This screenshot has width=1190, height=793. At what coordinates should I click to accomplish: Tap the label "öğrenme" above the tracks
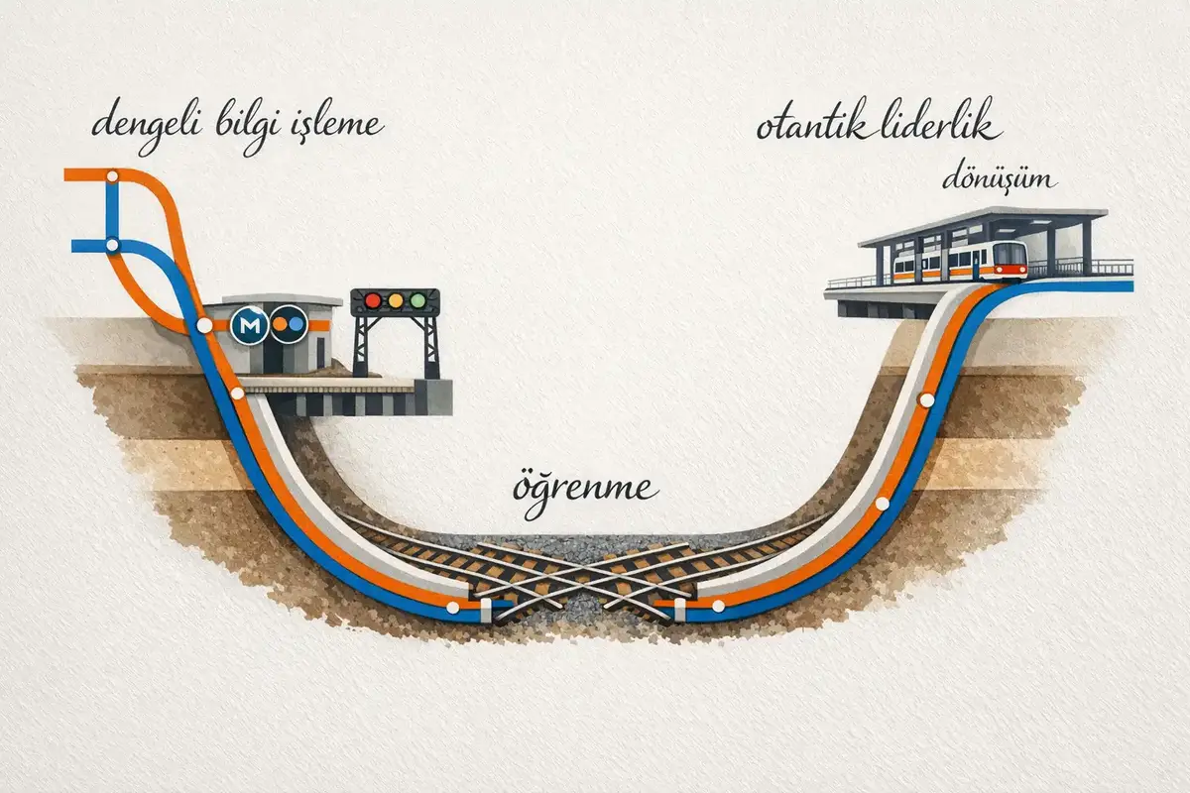coord(585,489)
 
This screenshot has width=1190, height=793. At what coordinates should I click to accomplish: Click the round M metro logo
coord(249,324)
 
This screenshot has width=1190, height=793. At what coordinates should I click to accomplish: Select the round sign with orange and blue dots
coord(289,324)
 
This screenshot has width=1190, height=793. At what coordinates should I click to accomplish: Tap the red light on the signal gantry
coord(373,300)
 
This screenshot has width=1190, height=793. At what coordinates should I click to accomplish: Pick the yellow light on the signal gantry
coord(395,300)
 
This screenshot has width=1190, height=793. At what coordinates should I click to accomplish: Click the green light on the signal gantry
coord(416,300)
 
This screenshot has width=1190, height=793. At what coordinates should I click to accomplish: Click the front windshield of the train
coord(1011,254)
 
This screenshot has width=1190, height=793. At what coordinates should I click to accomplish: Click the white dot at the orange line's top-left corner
coord(112,176)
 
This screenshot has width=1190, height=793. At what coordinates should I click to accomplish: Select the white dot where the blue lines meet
coord(112,245)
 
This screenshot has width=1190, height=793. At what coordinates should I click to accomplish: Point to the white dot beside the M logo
coord(204,325)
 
